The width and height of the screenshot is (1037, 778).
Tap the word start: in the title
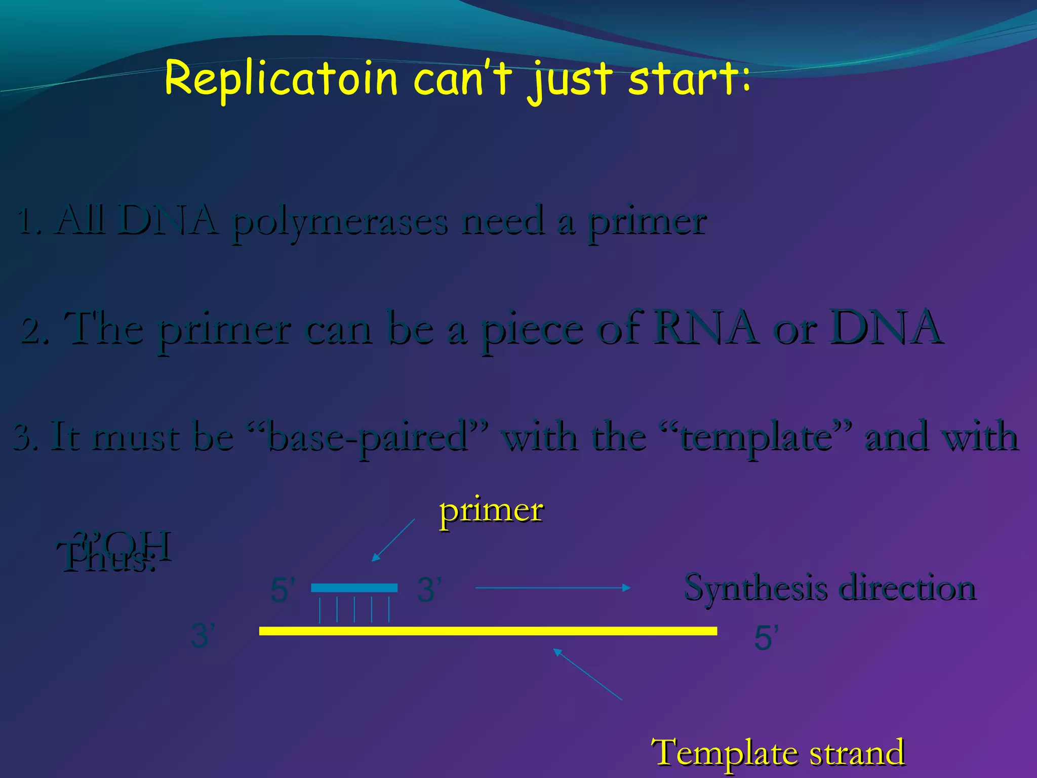[x=689, y=79]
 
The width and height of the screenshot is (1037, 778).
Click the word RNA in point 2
[x=706, y=328]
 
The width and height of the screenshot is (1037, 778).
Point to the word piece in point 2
[x=532, y=330]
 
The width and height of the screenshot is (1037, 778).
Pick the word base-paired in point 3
[x=367, y=437]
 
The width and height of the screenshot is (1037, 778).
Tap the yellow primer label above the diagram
[x=491, y=511]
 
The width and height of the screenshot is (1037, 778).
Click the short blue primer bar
[x=354, y=588]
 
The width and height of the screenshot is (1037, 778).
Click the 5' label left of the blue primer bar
[x=283, y=590]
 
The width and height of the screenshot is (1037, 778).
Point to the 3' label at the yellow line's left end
[x=203, y=636]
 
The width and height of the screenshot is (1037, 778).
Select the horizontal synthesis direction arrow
[x=552, y=588]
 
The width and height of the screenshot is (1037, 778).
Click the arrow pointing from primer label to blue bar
[x=393, y=540]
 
